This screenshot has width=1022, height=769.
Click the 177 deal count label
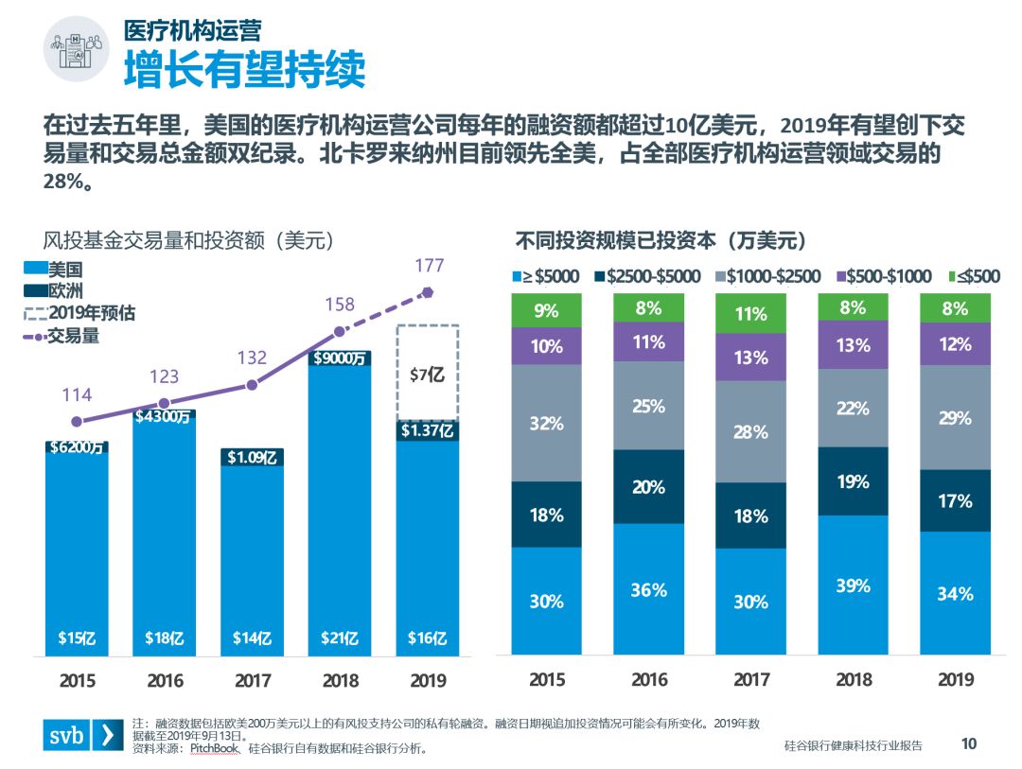[429, 266]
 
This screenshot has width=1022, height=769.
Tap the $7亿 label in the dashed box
[427, 375]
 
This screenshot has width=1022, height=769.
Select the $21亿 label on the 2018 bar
[340, 638]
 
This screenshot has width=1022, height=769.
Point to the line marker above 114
[77, 422]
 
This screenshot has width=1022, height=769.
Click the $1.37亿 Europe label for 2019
[427, 431]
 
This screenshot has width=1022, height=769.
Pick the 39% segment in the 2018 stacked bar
[853, 585]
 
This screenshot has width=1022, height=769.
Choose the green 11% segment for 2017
[750, 313]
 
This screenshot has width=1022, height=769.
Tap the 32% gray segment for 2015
[546, 423]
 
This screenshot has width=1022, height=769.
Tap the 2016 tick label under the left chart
[164, 680]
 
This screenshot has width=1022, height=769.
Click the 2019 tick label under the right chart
[955, 680]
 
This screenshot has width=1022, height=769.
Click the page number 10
[968, 744]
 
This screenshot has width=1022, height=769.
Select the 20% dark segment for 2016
[648, 486]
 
